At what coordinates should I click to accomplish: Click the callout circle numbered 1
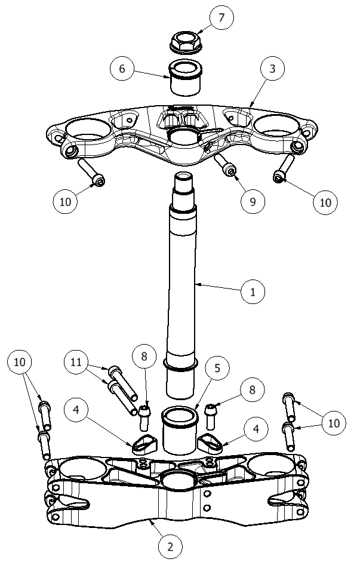pyautogui.click(x=253, y=292)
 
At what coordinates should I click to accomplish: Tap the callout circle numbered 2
pyautogui.click(x=170, y=545)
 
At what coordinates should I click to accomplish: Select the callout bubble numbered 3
pyautogui.click(x=272, y=69)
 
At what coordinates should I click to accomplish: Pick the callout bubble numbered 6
pyautogui.click(x=122, y=69)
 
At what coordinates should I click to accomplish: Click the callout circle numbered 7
pyautogui.click(x=221, y=18)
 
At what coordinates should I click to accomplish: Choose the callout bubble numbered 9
pyautogui.click(x=253, y=201)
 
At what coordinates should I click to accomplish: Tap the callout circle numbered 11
pyautogui.click(x=76, y=362)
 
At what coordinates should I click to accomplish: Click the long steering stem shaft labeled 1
pyautogui.click(x=183, y=281)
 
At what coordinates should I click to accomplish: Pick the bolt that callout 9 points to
pyautogui.click(x=224, y=165)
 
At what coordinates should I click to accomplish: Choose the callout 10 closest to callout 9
pyautogui.click(x=325, y=201)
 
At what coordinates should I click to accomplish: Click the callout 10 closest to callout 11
pyautogui.click(x=20, y=362)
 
